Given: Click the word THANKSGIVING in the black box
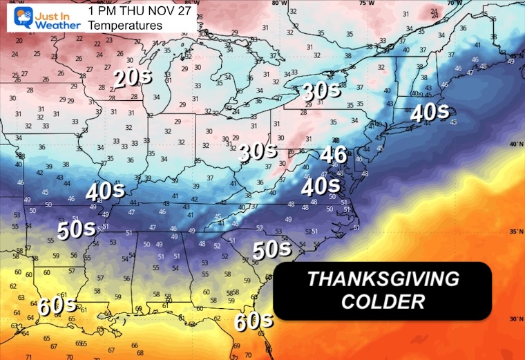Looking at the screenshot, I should pos(382,279).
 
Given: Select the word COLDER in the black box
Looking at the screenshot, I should pos(382,302).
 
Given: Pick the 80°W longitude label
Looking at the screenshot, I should pos(279,3).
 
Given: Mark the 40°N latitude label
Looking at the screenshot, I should pos(515,144).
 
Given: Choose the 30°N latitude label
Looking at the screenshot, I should pos(515,319).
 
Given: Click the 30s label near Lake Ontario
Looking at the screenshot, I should pos(321,91).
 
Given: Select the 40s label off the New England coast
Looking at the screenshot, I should pos(429,112).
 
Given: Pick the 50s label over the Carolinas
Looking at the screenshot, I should pos(271,249).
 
